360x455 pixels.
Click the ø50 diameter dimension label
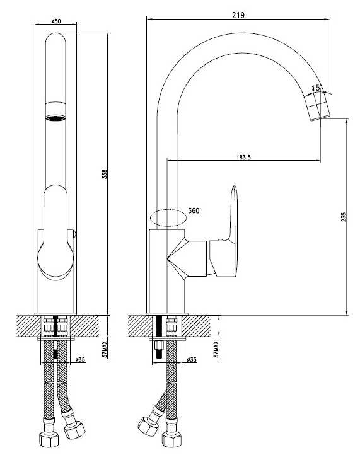[55, 21]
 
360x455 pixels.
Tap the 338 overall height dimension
[104, 174]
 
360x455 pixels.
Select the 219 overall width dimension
[238, 15]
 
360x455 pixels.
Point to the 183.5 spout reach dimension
[243, 158]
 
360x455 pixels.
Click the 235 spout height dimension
[344, 217]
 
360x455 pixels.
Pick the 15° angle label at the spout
[316, 88]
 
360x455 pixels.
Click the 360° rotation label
[194, 210]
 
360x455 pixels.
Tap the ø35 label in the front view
[80, 360]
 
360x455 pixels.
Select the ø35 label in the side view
[191, 360]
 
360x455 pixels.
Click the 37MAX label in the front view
[105, 349]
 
